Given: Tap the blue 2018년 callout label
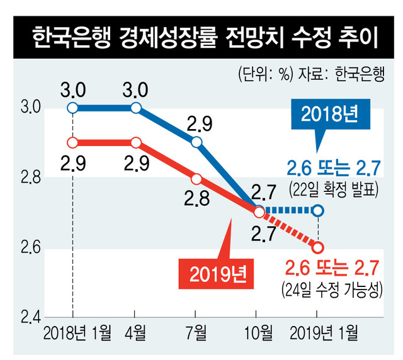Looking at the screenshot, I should click(329, 115).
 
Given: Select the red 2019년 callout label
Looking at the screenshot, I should click(215, 274).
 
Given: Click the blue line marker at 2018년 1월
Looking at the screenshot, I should click(73, 108).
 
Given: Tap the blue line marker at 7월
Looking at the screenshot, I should click(196, 142).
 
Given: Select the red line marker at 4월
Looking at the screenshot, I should click(135, 142).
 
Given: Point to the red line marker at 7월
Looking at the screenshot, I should click(196, 178).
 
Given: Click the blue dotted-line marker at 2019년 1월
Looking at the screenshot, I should click(318, 210).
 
